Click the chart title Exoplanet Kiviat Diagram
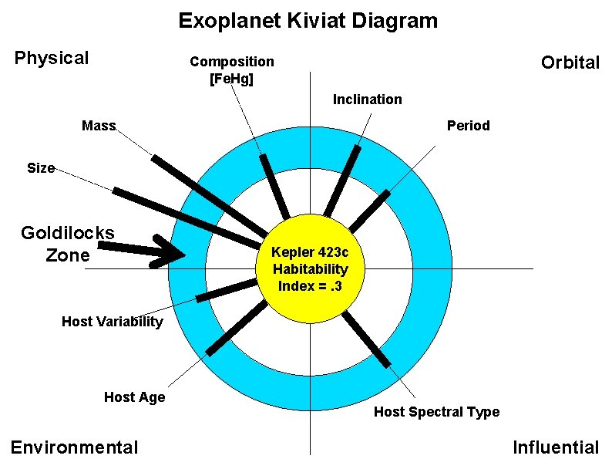pos(308,21)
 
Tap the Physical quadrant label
pos(52,58)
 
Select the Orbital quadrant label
pos(570,63)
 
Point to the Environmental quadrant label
pos(74,447)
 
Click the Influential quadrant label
pos(555,447)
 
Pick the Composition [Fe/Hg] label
pos(231,69)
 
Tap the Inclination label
pos(367,100)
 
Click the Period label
pos(468,126)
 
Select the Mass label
pos(99,126)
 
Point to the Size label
pos(41,167)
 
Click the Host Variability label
pos(112,322)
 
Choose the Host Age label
pos(134,397)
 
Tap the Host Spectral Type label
pos(436,412)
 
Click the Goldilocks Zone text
pos(67,244)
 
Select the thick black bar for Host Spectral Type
pos(367,339)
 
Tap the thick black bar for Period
pos(369,209)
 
